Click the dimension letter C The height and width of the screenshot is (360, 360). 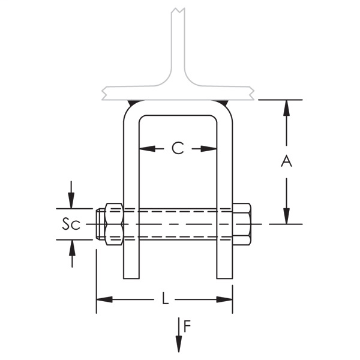tap(178, 148)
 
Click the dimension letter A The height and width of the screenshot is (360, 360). tap(286, 161)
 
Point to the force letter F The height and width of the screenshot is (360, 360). tap(187, 327)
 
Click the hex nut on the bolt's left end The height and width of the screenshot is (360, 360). tap(114, 224)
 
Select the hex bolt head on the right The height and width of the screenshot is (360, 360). tap(241, 224)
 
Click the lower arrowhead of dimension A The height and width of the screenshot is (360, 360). tap(286, 217)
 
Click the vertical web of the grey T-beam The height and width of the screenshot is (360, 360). tap(178, 48)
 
